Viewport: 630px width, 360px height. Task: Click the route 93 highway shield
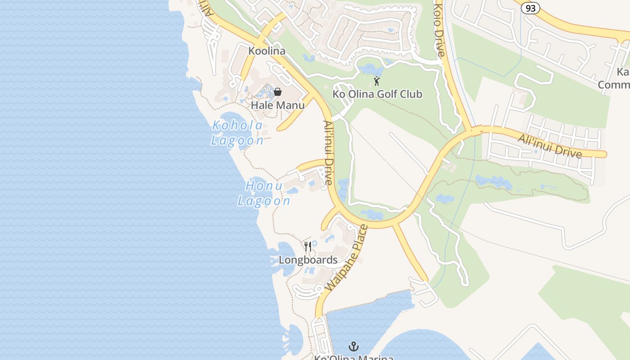(531, 8)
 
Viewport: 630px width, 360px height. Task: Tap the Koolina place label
(267, 51)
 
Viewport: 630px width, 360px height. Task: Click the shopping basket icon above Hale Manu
(278, 92)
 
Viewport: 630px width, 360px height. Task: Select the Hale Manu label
(278, 105)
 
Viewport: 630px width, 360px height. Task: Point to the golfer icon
(377, 81)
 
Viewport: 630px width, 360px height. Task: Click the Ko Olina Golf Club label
(377, 94)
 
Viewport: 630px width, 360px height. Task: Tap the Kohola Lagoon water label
(237, 133)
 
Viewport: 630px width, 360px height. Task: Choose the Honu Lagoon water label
(264, 193)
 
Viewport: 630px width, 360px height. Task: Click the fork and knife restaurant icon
(308, 246)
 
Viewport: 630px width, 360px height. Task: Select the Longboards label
(308, 260)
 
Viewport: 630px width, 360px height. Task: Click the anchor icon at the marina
(354, 346)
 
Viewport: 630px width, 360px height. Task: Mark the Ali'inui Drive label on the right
(549, 145)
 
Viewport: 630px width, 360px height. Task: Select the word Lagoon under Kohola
(237, 140)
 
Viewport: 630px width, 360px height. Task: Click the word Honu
(264, 185)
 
